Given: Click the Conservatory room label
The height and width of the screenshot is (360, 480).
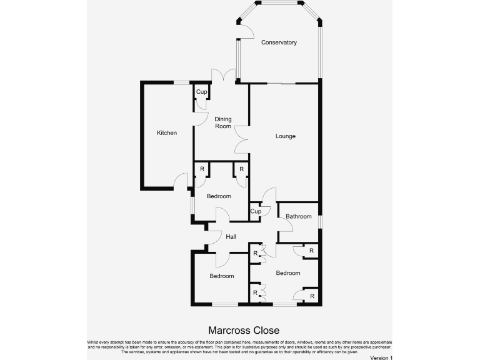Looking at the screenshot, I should (279, 42).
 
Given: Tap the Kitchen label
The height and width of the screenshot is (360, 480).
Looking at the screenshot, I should (167, 132).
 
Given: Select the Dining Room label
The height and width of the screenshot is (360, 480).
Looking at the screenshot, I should (223, 122).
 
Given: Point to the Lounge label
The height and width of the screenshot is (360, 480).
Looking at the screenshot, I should (285, 136).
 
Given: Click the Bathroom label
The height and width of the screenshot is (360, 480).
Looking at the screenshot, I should (298, 217).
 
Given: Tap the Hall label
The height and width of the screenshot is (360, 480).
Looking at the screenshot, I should (231, 237).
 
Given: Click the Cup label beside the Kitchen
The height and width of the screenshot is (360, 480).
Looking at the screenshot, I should (201, 92).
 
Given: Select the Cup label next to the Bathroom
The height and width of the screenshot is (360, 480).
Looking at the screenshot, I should (255, 211).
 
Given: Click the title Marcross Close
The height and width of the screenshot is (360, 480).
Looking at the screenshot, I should (243, 330).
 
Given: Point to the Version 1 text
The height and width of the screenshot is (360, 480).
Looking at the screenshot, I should (381, 357).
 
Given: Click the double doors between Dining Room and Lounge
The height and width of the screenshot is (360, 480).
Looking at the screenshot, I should (242, 137).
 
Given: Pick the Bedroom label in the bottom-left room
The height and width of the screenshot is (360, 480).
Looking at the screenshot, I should (221, 276).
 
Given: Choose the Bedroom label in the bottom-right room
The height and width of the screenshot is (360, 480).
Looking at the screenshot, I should (288, 273).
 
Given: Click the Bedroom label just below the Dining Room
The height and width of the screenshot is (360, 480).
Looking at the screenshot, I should (219, 196).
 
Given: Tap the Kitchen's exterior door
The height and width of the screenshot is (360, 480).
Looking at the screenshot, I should (181, 181).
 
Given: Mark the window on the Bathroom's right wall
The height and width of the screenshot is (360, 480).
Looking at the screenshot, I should (319, 222).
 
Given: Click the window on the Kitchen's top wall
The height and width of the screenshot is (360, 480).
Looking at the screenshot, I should (182, 82).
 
